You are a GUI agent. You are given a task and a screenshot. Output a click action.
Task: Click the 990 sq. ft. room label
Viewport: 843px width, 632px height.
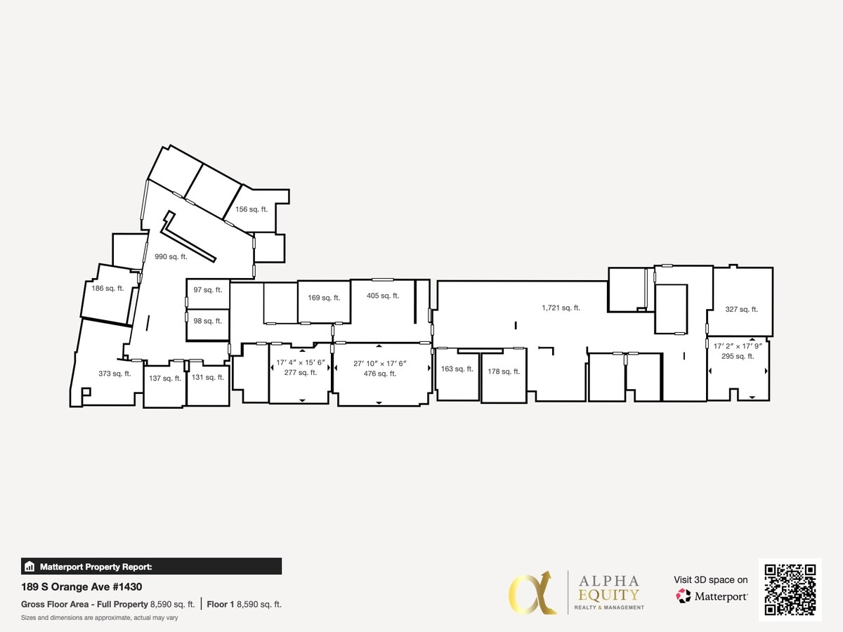coord(171,257)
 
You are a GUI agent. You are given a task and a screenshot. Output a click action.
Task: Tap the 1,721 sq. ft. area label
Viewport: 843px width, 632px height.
coord(561,308)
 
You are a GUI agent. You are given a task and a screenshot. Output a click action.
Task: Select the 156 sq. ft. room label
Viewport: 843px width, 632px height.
coord(251,209)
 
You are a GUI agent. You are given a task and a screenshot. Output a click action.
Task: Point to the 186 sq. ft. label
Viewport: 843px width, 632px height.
coord(107,288)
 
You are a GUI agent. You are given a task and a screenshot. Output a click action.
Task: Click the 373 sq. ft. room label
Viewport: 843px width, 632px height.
coord(115,374)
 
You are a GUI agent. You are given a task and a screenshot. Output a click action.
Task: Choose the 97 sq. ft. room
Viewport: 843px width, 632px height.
coord(208,290)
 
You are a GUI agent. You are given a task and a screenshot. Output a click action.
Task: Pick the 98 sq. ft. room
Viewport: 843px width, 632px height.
coord(208,321)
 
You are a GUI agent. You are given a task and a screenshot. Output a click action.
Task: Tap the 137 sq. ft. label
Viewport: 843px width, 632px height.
coord(165,378)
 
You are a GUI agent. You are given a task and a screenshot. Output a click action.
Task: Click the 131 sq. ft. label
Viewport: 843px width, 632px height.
coord(208,377)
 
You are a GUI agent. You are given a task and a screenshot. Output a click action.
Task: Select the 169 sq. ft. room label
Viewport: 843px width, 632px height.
coord(324,298)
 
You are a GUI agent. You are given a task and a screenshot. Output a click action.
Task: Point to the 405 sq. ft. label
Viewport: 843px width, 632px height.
coord(383,296)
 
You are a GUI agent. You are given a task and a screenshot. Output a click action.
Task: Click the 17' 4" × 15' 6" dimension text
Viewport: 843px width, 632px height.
coord(301,363)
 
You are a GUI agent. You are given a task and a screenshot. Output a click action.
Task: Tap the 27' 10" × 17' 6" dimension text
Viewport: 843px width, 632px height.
coord(380,364)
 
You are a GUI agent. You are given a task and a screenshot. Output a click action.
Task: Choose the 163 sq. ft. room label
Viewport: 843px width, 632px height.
coord(457,369)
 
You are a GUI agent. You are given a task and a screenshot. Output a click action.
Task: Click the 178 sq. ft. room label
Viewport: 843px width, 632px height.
coord(504,371)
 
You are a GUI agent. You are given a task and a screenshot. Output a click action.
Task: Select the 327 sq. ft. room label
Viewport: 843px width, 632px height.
coord(742,309)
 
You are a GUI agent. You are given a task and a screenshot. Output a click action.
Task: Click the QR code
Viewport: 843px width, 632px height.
coord(790,590)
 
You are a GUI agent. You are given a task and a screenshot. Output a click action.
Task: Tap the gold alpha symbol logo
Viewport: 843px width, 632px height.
coord(532,593)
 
